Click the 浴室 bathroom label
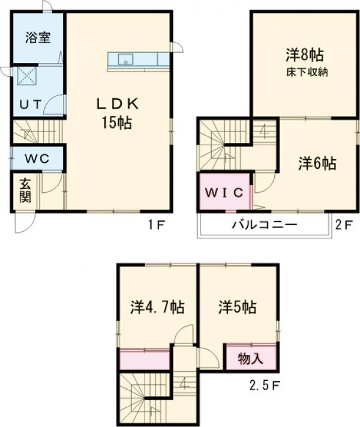pos(37,37)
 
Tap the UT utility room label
pos(29,104)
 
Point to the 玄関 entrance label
pos(25,190)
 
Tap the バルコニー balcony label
pos(265,226)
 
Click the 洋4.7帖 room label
pos(157,307)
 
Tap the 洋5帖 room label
pos(237,307)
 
